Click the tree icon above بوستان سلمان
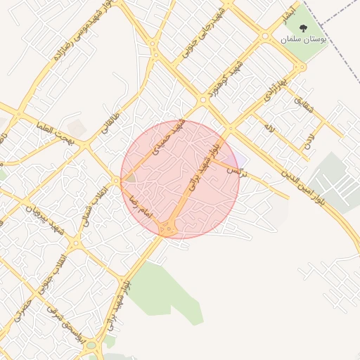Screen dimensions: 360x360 [x=304, y=29]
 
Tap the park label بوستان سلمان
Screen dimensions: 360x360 [x=304, y=41]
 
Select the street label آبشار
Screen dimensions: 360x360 [x=284, y=13]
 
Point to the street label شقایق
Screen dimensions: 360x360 [x=300, y=104]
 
